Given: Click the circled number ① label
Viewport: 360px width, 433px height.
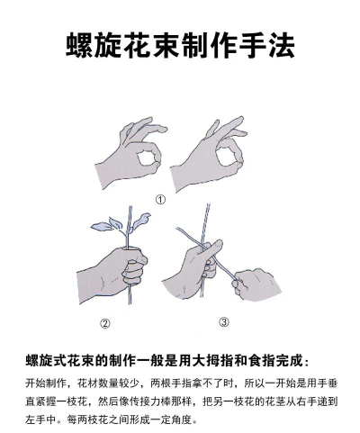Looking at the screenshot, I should pos(160,200).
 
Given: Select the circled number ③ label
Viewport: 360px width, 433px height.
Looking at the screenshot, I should pos(223,321).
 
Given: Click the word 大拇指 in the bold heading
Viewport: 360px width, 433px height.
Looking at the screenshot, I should pos(222,361).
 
